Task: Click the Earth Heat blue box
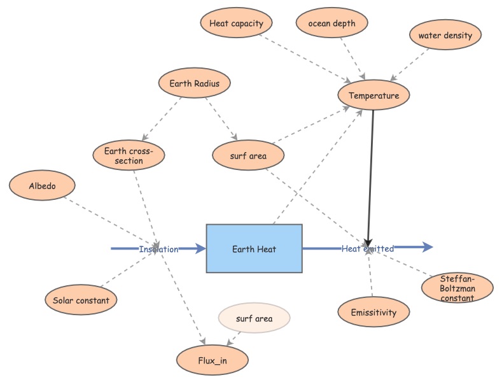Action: pyautogui.click(x=254, y=248)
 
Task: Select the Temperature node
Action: pyautogui.click(x=373, y=96)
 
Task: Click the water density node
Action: pyautogui.click(x=445, y=36)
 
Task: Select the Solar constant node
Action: pyautogui.click(x=81, y=301)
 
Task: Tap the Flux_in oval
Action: pyautogui.click(x=213, y=361)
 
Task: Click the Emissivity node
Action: pyautogui.click(x=373, y=313)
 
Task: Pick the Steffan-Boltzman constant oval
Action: pyautogui.click(x=457, y=288)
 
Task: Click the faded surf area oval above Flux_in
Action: pyautogui.click(x=253, y=318)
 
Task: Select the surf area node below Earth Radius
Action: pyautogui.click(x=248, y=155)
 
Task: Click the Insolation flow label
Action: pyautogui.click(x=158, y=249)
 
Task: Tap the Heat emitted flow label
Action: pyautogui.click(x=368, y=248)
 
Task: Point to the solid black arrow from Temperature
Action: pyautogui.click(x=370, y=172)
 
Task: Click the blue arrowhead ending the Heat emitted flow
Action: pyautogui.click(x=425, y=248)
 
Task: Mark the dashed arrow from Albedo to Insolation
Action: pyautogui.click(x=108, y=220)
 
